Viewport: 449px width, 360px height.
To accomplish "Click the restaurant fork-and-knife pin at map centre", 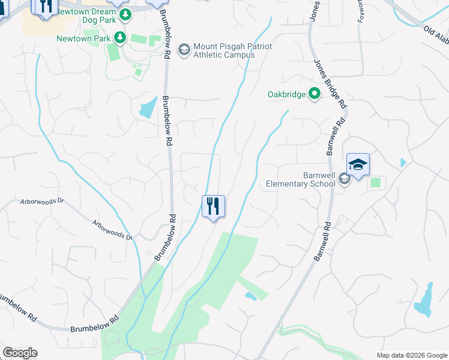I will click(x=213, y=206).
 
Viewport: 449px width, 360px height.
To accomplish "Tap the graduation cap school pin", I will click(x=358, y=164).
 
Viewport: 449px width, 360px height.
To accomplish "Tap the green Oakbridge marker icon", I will click(x=314, y=94).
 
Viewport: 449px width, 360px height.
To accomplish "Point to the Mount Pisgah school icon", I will click(x=184, y=48).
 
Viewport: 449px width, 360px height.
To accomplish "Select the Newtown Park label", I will click(x=84, y=38).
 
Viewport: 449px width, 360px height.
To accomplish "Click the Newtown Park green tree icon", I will click(x=120, y=38).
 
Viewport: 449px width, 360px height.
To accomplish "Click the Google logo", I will click(x=20, y=353).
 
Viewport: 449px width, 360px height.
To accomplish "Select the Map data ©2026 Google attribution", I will click(x=411, y=355).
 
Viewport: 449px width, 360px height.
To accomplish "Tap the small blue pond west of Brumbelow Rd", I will click(x=146, y=110).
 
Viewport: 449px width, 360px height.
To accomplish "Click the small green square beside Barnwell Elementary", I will click(x=376, y=182).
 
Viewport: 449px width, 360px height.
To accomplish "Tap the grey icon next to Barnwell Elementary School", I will click(x=344, y=178).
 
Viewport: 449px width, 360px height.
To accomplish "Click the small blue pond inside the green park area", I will click(x=251, y=296).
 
